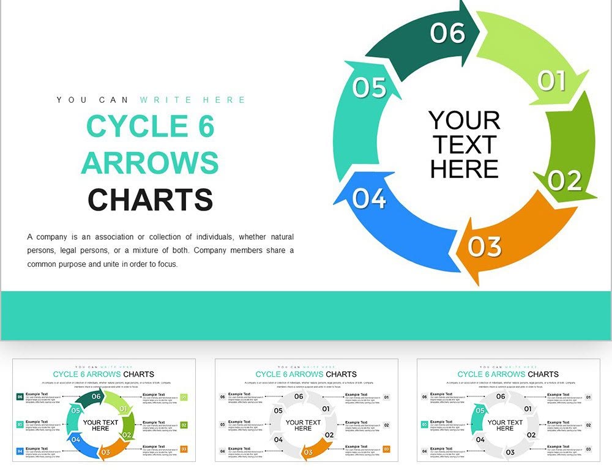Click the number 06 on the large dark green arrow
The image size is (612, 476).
pyautogui.click(x=447, y=33)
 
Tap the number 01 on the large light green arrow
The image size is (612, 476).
pyautogui.click(x=551, y=80)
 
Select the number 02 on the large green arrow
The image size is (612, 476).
pyautogui.click(x=564, y=180)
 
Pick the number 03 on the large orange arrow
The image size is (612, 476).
pyautogui.click(x=485, y=247)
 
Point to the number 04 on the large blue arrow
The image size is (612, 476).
pyautogui.click(x=370, y=199)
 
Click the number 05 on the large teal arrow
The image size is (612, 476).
pyautogui.click(x=370, y=88)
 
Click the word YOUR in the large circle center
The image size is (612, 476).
pyautogui.click(x=465, y=121)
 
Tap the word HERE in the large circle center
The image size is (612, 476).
pyautogui.click(x=465, y=169)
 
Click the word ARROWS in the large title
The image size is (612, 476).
pyautogui.click(x=150, y=163)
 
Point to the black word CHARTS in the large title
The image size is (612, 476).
pyautogui.click(x=150, y=200)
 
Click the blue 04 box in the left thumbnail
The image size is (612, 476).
pyautogui.click(x=20, y=452)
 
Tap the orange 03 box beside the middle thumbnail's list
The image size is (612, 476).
pyautogui.click(x=386, y=449)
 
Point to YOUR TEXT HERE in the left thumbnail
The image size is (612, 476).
pyautogui.click(x=100, y=425)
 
